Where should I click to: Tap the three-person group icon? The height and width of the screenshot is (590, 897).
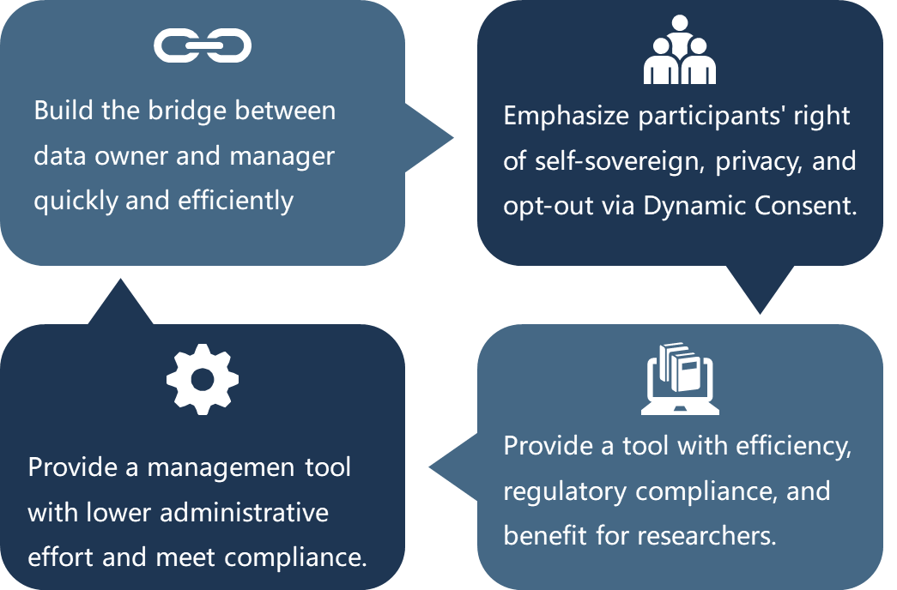coord(680,50)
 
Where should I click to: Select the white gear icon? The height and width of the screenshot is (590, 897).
coord(203,379)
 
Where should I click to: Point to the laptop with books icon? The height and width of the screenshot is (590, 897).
coord(680,378)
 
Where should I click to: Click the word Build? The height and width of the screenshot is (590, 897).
coord(63,111)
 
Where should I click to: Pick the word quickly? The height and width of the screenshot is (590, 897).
coord(76,202)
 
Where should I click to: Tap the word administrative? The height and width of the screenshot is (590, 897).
coord(245,512)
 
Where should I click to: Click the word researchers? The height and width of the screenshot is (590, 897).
coord(706,536)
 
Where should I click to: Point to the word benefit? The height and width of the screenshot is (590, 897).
coord(545,536)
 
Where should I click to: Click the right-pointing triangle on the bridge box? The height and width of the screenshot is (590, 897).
coord(429,138)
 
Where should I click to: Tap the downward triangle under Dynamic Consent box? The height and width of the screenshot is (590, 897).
coord(760,290)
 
